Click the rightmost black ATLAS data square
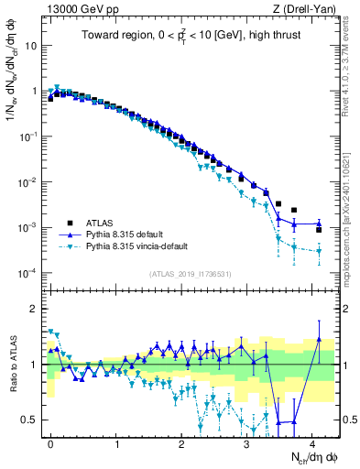(x=319, y=230)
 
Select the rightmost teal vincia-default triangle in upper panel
(x=319, y=251)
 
